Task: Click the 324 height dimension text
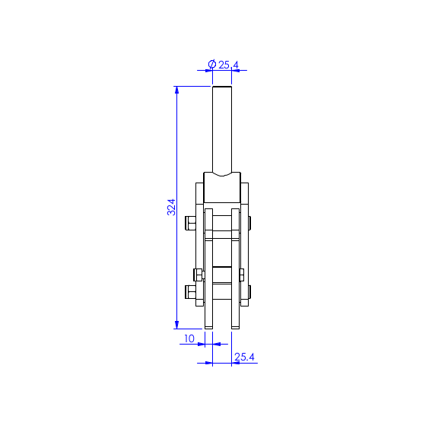point(171,207)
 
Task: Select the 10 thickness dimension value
point(189,338)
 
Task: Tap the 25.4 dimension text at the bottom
point(244,357)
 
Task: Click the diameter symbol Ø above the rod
point(212,65)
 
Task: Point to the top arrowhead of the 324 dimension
point(177,90)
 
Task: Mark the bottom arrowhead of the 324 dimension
point(177,325)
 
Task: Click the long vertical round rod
point(222,130)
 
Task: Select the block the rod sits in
point(222,188)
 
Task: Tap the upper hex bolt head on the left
point(190,223)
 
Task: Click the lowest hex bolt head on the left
point(190,292)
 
